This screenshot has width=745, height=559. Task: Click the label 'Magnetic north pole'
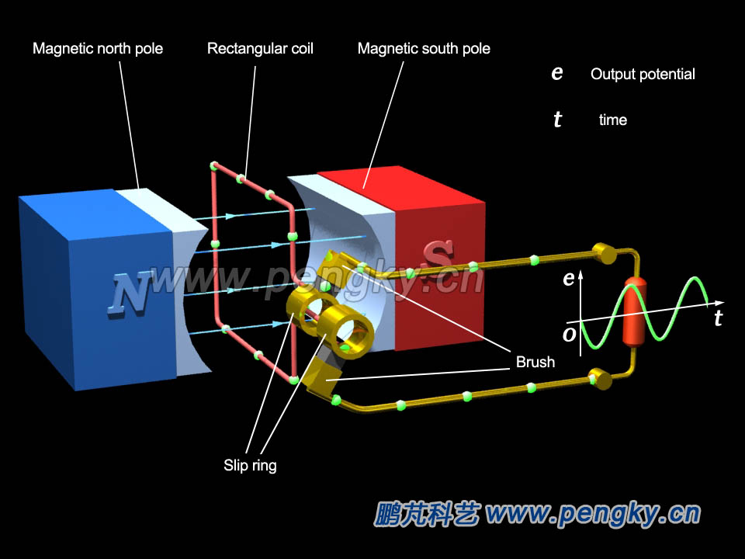[x=98, y=49]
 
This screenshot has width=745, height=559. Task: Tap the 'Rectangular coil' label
[x=260, y=49]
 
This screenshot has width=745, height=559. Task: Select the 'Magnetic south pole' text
[x=424, y=49]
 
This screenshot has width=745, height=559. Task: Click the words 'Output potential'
[x=643, y=75]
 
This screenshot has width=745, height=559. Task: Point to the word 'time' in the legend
[x=613, y=120]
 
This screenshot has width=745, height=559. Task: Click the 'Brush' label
[x=535, y=362]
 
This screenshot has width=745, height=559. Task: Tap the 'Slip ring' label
[x=250, y=466]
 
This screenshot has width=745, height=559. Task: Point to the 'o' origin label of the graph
[x=569, y=334]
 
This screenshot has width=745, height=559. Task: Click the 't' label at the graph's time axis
[x=718, y=318]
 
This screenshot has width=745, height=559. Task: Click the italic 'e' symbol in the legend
[x=556, y=74]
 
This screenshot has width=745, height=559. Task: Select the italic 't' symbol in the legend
[x=557, y=120]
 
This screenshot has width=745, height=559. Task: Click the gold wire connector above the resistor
[x=603, y=253]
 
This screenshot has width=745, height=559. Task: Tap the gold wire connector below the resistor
[x=601, y=378]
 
